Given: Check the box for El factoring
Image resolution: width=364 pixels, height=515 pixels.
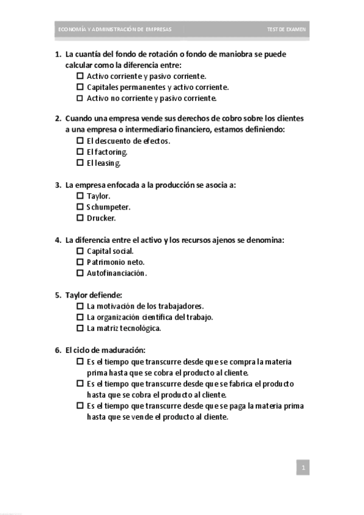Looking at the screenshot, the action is coord(80,152).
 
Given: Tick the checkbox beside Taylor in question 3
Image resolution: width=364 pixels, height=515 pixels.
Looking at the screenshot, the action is coord(80,196).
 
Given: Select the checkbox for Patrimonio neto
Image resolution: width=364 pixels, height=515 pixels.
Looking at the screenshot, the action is coord(80,262).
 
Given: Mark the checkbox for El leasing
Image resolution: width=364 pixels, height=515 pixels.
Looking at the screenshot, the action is coord(80,163).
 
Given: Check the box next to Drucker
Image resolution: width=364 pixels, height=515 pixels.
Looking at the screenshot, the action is coord(80,218).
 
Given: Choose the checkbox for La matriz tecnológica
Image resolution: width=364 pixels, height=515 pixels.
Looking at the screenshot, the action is coord(80,328).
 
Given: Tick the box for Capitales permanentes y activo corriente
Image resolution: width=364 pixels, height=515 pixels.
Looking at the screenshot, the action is coord(80,87).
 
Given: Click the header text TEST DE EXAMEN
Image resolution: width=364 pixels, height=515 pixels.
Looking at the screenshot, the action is coord(287,29).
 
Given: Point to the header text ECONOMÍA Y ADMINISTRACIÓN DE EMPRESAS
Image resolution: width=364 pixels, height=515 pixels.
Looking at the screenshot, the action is coord(114,29).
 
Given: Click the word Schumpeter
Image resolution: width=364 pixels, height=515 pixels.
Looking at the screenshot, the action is coord(108,207).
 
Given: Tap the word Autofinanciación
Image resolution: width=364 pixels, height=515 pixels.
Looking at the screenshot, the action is coord(117,273).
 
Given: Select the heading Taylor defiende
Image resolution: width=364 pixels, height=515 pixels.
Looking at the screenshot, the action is coord(94,295).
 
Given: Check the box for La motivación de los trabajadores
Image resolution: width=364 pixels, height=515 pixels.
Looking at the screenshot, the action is coord(80,306).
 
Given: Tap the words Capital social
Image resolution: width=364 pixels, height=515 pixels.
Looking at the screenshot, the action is coord(110,251).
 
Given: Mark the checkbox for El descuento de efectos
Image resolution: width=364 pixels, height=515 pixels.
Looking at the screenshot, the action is coord(80,141).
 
